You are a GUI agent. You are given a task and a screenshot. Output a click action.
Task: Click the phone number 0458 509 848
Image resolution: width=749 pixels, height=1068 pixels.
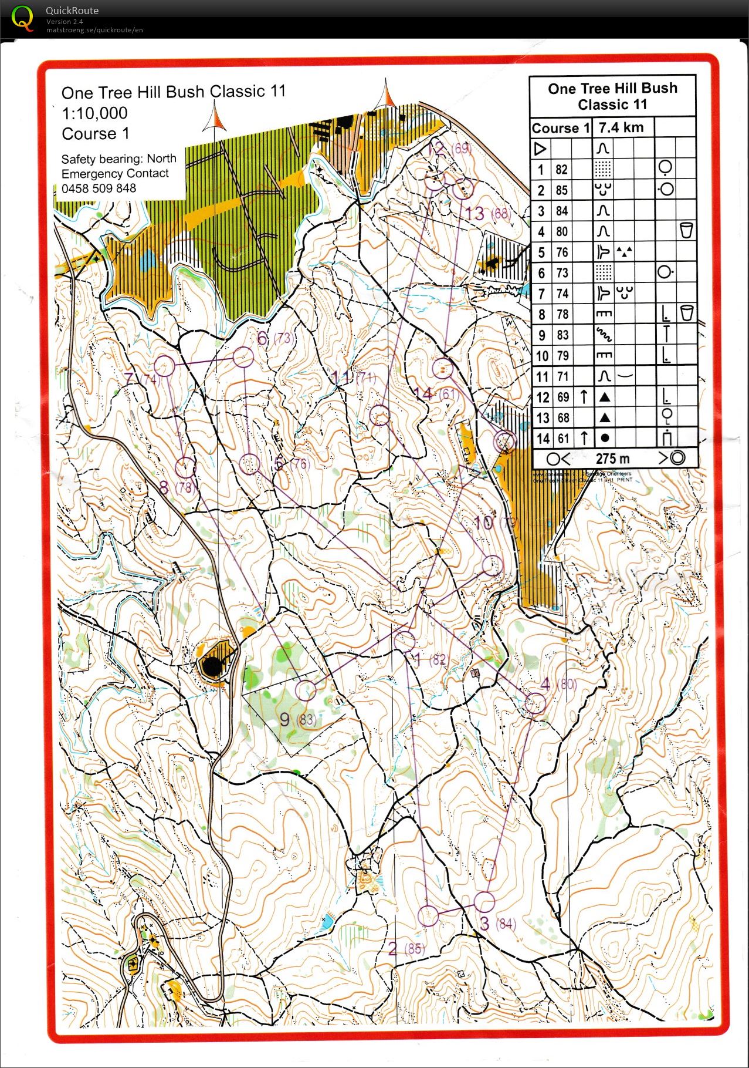pyautogui.click(x=99, y=188)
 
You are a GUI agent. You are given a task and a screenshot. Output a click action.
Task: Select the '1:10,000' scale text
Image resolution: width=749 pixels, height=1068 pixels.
pyautogui.click(x=94, y=113)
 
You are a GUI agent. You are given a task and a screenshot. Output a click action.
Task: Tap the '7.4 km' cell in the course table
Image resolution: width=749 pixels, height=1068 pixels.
pyautogui.click(x=621, y=127)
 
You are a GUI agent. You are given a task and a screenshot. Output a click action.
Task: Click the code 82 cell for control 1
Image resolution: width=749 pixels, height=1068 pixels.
pyautogui.click(x=561, y=170)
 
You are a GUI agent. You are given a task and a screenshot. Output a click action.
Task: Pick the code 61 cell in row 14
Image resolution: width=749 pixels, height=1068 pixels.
pyautogui.click(x=562, y=438)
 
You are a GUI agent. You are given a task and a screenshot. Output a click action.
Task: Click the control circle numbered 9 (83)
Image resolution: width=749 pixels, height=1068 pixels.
pyautogui.click(x=305, y=690)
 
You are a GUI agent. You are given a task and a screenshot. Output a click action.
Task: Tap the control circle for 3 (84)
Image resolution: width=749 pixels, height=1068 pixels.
pyautogui.click(x=484, y=902)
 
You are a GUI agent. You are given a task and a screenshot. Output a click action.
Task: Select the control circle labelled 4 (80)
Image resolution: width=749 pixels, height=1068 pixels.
pyautogui.click(x=535, y=703)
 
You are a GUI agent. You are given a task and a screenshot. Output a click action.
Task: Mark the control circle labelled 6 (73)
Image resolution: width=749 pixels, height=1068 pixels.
pyautogui.click(x=243, y=356)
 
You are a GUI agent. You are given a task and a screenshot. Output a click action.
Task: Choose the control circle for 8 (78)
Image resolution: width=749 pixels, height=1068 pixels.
pyautogui.click(x=185, y=467)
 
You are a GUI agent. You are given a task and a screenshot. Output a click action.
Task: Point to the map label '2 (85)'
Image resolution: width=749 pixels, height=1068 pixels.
pyautogui.click(x=405, y=948)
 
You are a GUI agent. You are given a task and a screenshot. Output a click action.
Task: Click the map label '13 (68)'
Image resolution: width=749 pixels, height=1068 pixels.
pyautogui.click(x=487, y=213)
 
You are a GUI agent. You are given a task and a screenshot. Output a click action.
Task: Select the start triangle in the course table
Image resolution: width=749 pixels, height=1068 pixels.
pyautogui.click(x=540, y=149)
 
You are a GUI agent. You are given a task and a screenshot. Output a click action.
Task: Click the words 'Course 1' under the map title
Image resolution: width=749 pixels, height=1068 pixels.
pyautogui.click(x=95, y=134)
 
